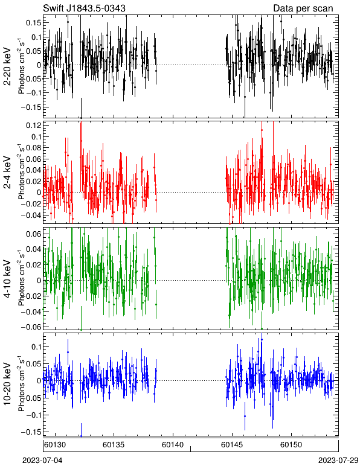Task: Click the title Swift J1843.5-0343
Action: (x=85, y=8)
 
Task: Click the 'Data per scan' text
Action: (x=303, y=8)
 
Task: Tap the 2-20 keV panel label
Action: (x=7, y=66)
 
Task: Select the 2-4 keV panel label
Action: (x=7, y=173)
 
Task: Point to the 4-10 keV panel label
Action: (x=7, y=278)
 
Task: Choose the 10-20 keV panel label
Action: (x=7, y=384)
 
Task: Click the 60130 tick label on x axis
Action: (x=55, y=445)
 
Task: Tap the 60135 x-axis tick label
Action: (x=114, y=445)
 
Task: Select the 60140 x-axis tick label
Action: (x=173, y=445)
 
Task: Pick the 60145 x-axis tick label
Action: (x=232, y=445)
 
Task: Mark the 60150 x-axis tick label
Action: (x=291, y=445)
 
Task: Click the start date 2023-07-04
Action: (x=42, y=461)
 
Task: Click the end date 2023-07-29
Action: (x=338, y=461)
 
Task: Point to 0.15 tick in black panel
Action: (x=34, y=23)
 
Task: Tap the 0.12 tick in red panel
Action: (x=34, y=126)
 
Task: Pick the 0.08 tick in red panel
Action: (x=34, y=148)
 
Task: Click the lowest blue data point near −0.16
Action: (x=81, y=436)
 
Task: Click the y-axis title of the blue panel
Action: (x=21, y=384)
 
